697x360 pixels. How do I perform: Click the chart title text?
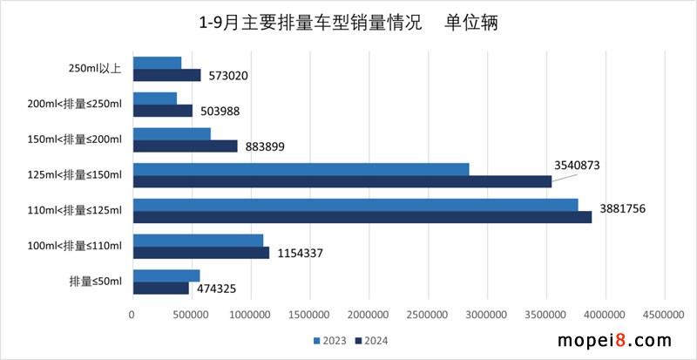point(348,22)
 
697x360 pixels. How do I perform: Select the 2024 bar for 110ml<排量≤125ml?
point(362,217)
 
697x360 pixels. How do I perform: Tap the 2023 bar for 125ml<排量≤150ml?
point(301,169)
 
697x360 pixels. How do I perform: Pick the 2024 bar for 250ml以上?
point(166,75)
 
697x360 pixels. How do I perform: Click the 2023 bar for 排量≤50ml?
point(166,275)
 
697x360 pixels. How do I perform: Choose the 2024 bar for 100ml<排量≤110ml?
point(200,253)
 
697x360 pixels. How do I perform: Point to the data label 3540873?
point(579,164)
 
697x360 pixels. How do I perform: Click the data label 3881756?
point(628,209)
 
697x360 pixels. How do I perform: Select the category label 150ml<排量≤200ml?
point(75,139)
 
